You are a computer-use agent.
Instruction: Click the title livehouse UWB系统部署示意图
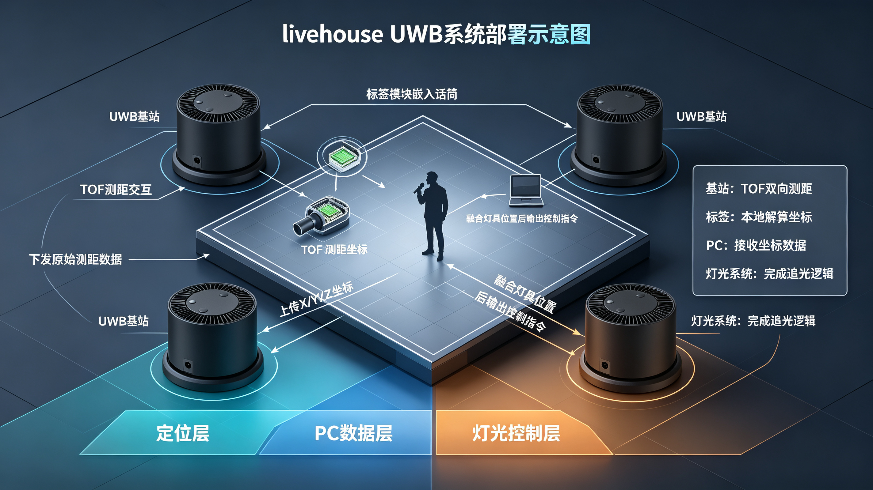pos(436,34)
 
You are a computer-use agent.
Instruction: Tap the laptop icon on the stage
pos(526,190)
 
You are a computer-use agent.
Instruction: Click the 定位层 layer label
pos(183,433)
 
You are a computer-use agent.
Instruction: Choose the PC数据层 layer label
pos(353,433)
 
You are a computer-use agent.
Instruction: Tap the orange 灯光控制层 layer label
pos(516,433)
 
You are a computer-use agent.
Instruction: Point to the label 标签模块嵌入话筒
pos(412,94)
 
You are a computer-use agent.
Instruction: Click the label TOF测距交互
pos(116,190)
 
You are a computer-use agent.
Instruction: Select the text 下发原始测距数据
pos(75,259)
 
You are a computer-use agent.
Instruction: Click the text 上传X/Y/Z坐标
pos(317,299)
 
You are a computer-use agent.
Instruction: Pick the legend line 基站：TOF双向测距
pos(759,189)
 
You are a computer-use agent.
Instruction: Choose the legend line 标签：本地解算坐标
pos(759,217)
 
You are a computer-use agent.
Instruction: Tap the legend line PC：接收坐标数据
pos(756,245)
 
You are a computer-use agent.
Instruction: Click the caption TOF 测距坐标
pos(334,250)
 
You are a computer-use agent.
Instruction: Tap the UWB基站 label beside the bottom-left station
pos(123,321)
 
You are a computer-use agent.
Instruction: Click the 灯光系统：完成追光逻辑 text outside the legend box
pos(753,321)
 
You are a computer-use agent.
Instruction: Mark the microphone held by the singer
pos(419,188)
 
